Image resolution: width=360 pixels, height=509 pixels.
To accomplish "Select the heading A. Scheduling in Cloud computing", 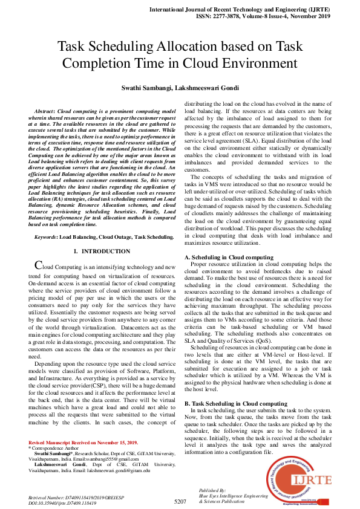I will pos(228,258).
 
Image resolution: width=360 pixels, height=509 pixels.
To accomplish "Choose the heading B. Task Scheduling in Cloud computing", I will pos(235,403).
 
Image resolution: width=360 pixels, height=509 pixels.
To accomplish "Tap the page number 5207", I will pos(180,501).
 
